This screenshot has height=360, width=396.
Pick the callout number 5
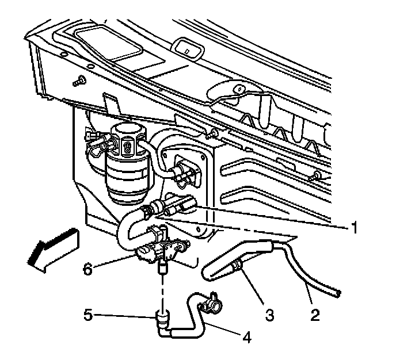tap(86, 315)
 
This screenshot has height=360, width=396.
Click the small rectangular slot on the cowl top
tap(188, 48)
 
